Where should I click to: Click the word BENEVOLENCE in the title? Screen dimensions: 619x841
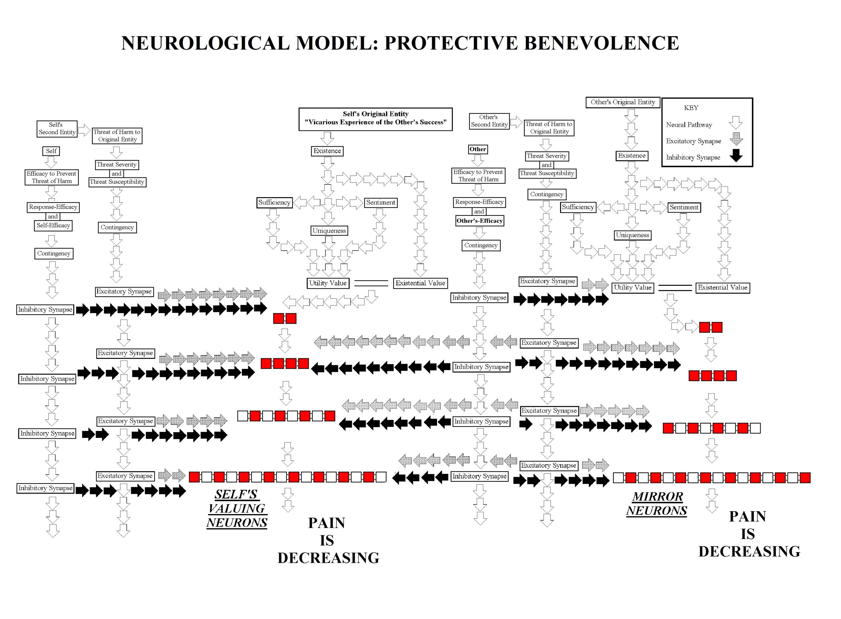tap(601, 43)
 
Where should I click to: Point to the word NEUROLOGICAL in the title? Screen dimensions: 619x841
tap(206, 43)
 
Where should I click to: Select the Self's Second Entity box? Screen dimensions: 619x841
tap(57, 128)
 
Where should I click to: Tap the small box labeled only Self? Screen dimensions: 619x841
tap(51, 151)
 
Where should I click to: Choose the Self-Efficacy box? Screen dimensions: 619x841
tap(53, 225)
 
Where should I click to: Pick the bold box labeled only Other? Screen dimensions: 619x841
tap(478, 149)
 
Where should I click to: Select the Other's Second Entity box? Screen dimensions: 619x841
tap(489, 121)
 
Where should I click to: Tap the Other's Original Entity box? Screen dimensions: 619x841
tap(623, 102)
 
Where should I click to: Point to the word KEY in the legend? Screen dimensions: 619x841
tap(691, 108)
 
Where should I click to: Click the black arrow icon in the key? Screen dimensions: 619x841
tap(736, 155)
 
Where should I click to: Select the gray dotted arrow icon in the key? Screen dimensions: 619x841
tap(736, 139)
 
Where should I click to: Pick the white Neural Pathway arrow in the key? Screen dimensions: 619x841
tap(736, 123)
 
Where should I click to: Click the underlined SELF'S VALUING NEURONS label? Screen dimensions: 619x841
tap(237, 509)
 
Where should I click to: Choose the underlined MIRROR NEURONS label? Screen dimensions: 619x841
tap(657, 504)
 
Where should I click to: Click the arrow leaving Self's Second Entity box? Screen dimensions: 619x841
tap(84, 130)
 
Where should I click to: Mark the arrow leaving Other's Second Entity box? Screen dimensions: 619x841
tap(516, 122)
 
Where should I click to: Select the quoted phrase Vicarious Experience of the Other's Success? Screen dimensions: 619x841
tap(375, 122)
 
